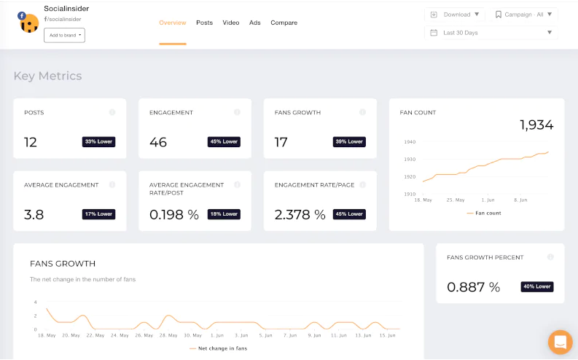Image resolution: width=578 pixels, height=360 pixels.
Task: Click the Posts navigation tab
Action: (x=204, y=23)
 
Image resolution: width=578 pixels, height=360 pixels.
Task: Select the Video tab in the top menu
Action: (x=231, y=23)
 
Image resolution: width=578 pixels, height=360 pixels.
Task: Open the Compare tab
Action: (x=284, y=23)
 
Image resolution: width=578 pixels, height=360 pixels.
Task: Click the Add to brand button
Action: (x=64, y=35)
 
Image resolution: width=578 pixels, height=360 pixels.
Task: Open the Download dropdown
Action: (x=455, y=14)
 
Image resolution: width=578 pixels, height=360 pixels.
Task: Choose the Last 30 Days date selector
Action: (x=491, y=33)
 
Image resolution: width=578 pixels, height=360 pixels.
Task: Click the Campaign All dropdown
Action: (x=524, y=14)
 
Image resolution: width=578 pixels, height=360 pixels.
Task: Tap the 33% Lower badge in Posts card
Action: (x=99, y=141)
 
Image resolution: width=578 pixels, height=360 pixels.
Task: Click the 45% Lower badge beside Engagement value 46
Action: (x=224, y=141)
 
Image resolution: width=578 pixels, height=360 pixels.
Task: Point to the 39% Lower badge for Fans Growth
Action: (x=349, y=141)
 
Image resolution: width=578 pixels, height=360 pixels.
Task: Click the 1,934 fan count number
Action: (x=536, y=125)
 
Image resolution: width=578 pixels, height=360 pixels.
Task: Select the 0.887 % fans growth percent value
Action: (x=473, y=287)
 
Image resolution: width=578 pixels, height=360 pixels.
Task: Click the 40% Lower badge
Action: (x=537, y=286)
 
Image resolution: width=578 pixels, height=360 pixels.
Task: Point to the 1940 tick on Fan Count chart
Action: (x=409, y=142)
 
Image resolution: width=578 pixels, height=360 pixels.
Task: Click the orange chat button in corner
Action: (x=560, y=342)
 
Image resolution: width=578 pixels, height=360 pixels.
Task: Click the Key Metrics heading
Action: (x=47, y=76)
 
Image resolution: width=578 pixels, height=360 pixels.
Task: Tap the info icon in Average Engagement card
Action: (x=112, y=185)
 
